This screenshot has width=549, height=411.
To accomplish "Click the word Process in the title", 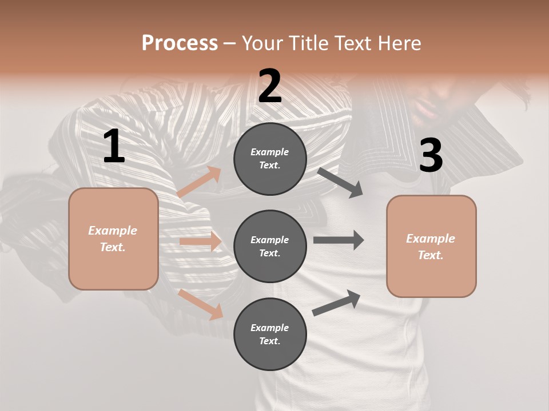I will point(180,43).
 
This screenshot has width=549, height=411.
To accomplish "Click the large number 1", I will point(114,147).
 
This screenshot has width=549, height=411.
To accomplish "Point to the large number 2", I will point(270,86).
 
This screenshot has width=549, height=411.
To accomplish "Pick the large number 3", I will point(431,156).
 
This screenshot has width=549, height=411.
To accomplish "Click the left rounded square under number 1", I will point(113,239).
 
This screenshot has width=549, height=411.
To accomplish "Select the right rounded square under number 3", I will point(431,246).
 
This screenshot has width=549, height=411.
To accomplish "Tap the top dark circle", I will point(270,159).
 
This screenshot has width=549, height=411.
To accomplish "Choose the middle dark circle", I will point(270,246).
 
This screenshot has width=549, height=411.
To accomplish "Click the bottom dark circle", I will point(270,334).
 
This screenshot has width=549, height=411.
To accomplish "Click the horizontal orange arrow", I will point(200,241).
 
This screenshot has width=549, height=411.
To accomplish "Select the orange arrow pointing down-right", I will point(201,304).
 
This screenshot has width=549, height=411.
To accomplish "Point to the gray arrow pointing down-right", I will point(340,182).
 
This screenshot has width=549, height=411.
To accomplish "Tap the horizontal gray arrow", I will point(339,240).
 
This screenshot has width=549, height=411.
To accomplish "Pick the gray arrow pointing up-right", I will point(337,303).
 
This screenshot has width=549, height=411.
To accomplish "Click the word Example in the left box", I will point(113,231).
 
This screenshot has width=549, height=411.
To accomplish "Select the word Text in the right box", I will point(429,255).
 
